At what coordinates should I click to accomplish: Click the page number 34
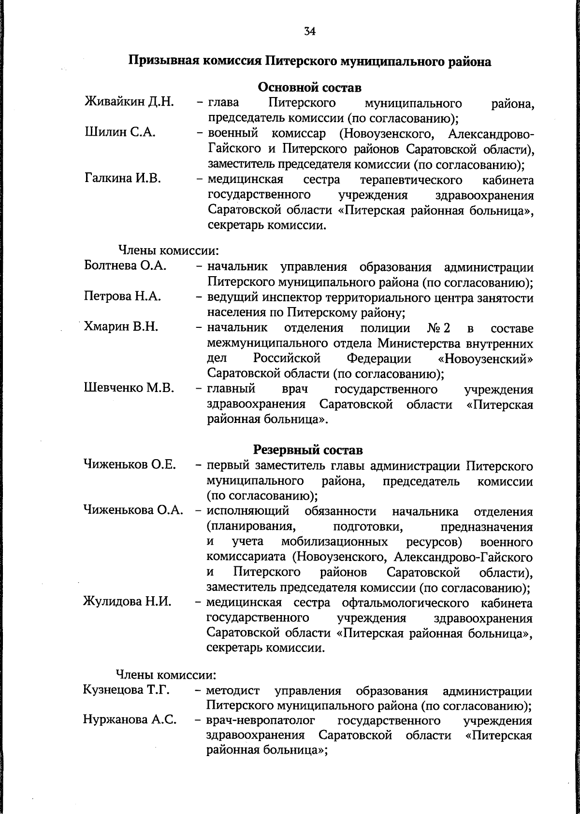310,31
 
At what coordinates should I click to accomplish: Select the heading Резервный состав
308,450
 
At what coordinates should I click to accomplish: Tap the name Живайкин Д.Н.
130,102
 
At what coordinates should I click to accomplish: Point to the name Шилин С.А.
120,133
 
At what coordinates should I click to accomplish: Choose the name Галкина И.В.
123,179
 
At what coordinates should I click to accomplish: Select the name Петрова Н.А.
122,296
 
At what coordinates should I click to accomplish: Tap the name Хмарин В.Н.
121,327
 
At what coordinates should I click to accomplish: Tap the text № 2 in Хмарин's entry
439,328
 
